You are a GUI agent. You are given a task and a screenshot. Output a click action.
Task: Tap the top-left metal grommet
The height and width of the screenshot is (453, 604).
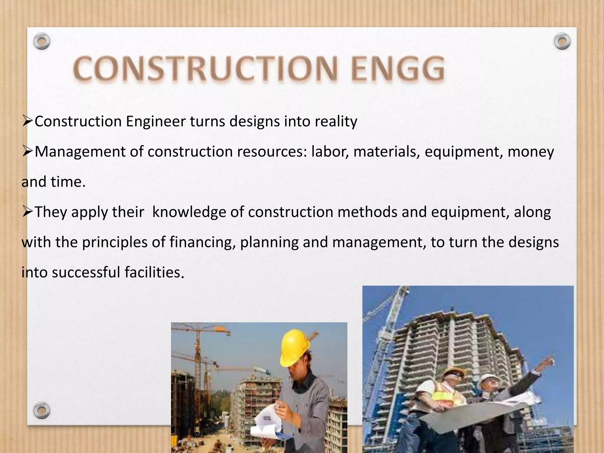pos(42,42)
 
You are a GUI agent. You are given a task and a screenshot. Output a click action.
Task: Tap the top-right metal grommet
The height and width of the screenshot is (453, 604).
pos(562,42)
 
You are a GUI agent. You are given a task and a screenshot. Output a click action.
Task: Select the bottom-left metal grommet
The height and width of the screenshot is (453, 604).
pos(42,410)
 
